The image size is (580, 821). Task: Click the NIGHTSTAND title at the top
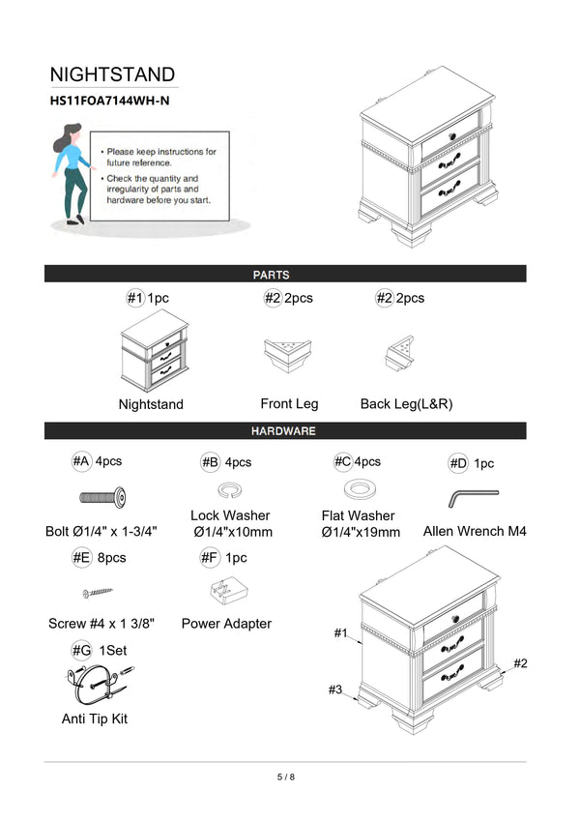tap(112, 74)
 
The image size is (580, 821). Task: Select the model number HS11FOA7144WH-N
tap(111, 101)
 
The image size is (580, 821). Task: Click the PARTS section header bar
tap(285, 275)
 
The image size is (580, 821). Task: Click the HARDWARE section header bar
tap(285, 430)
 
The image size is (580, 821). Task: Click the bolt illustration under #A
tap(102, 498)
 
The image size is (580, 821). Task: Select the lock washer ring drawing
tap(230, 488)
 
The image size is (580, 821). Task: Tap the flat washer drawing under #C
tap(358, 486)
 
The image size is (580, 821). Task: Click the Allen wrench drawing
tap(473, 497)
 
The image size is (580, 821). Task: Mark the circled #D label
tap(458, 464)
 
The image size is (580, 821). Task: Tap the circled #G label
tap(81, 651)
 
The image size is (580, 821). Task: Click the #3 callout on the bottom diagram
tap(335, 689)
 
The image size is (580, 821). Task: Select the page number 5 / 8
tap(285, 777)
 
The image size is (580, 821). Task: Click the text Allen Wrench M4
tap(475, 532)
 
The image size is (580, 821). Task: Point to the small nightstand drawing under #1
tap(151, 351)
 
